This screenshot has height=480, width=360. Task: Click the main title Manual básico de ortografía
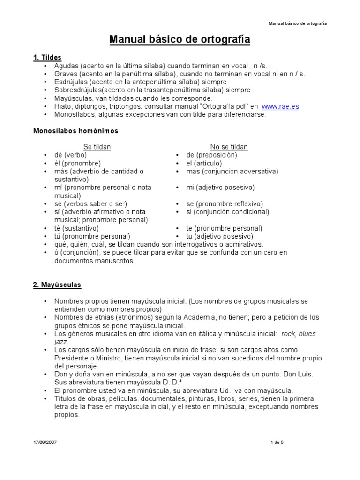pyautogui.click(x=180, y=40)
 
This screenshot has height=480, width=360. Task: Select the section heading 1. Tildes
pyautogui.click(x=47, y=58)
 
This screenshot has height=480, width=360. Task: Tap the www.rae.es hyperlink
pyautogui.click(x=280, y=106)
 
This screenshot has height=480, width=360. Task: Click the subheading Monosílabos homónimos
pyautogui.click(x=75, y=131)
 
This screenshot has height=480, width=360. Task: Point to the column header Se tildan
pyautogui.click(x=97, y=147)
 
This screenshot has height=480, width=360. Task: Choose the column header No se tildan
pyautogui.click(x=229, y=147)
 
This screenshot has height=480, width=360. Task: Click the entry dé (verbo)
pyautogui.click(x=70, y=155)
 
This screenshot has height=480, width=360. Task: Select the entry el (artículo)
pyautogui.click(x=204, y=163)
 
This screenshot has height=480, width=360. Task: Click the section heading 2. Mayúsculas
pyautogui.click(x=57, y=285)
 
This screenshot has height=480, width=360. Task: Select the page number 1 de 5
pyautogui.click(x=277, y=442)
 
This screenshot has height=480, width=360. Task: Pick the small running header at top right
pyautogui.click(x=297, y=23)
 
